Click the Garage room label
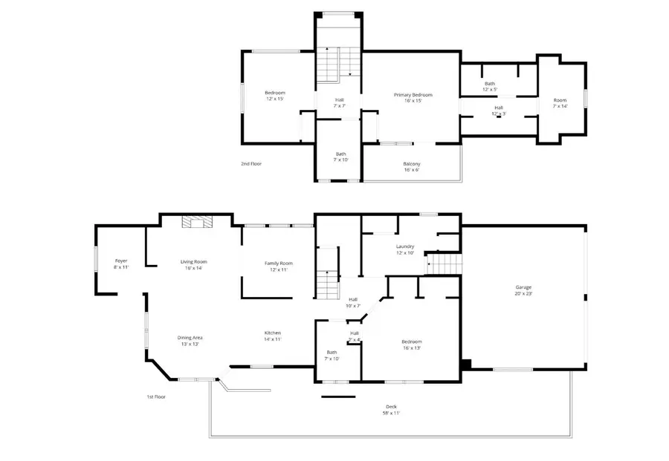[524, 290]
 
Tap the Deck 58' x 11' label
[391, 409]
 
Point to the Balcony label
[411, 167]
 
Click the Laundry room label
[404, 249]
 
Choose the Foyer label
[121, 264]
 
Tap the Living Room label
[193, 265]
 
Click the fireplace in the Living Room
[198, 221]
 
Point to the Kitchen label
[273, 336]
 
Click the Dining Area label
[190, 341]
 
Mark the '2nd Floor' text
[251, 163]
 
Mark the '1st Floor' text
[155, 397]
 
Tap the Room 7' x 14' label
[560, 103]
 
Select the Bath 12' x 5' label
[490, 87]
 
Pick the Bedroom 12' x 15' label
[275, 95]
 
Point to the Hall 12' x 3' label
[499, 111]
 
